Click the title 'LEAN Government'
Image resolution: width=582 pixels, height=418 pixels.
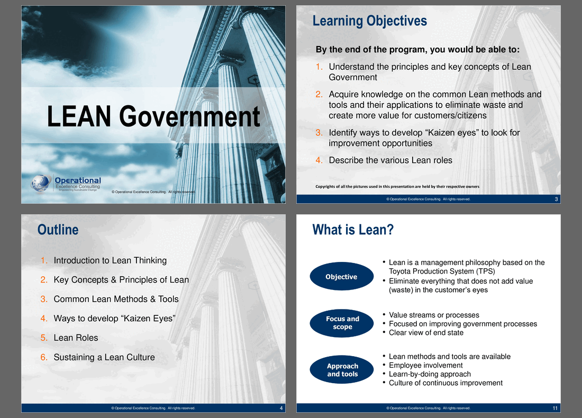pyautogui.click(x=153, y=116)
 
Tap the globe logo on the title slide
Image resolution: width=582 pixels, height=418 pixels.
pyautogui.click(x=41, y=184)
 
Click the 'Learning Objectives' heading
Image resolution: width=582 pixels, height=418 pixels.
pyautogui.click(x=370, y=21)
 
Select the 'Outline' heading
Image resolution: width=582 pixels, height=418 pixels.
pyautogui.click(x=58, y=230)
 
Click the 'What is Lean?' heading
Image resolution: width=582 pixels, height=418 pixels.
pyautogui.click(x=353, y=230)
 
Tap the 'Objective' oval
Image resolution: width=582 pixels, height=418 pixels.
pyautogui.click(x=341, y=277)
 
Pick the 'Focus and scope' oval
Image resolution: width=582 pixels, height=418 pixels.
pyautogui.click(x=341, y=323)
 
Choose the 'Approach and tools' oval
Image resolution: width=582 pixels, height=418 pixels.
pyautogui.click(x=341, y=370)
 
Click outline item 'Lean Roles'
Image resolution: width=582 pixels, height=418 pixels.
pyautogui.click(x=76, y=338)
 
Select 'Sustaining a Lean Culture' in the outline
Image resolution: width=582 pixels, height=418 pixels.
pyautogui.click(x=104, y=357)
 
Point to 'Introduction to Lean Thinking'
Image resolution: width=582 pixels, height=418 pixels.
pyautogui.click(x=110, y=261)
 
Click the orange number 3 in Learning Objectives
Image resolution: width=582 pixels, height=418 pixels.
pyautogui.click(x=319, y=132)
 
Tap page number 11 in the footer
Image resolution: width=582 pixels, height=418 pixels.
pyautogui.click(x=555, y=408)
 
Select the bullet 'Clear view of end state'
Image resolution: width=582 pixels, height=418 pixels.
pyautogui.click(x=426, y=333)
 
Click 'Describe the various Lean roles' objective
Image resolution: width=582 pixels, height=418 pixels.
pyautogui.click(x=390, y=160)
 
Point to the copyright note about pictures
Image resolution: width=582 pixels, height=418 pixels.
pyautogui.click(x=397, y=186)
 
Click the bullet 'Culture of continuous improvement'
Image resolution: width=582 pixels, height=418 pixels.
pyautogui.click(x=446, y=383)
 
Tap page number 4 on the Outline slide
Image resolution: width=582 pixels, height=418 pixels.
pyautogui.click(x=281, y=408)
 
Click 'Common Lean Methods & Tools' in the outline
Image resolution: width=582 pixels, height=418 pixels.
pyautogui.click(x=116, y=299)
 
